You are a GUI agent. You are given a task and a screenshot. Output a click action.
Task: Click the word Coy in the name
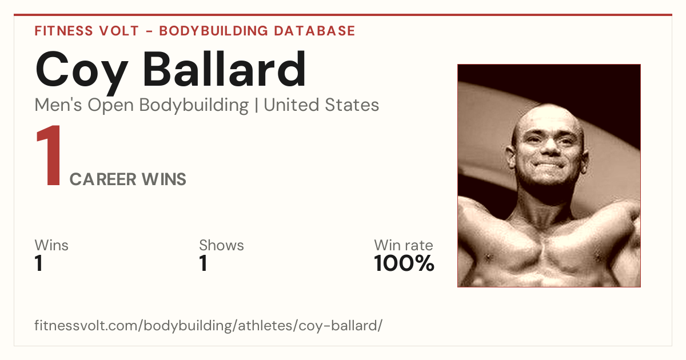81,72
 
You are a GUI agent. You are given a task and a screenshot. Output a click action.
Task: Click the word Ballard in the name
224,69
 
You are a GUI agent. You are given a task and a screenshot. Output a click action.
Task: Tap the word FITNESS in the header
63,31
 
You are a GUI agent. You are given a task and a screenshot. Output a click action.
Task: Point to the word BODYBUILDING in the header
214,31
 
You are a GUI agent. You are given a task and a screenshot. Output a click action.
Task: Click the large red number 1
49,155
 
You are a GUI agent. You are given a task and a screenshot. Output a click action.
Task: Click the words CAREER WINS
127,179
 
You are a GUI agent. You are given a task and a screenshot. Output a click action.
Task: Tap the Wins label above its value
51,245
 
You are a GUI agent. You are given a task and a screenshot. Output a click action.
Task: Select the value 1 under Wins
39,263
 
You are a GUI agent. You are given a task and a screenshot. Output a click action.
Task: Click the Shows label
221,245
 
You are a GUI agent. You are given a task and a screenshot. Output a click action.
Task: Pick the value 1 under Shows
204,263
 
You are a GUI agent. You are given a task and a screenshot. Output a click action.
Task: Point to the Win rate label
404,245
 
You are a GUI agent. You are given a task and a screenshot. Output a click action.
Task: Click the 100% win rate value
404,263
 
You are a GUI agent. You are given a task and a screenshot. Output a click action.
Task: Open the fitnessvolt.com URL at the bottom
209,325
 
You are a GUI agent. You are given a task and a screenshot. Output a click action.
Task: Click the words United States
321,105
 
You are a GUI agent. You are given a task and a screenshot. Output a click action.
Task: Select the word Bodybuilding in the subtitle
194,106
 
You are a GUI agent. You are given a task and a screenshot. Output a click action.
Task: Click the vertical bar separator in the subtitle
256,106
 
